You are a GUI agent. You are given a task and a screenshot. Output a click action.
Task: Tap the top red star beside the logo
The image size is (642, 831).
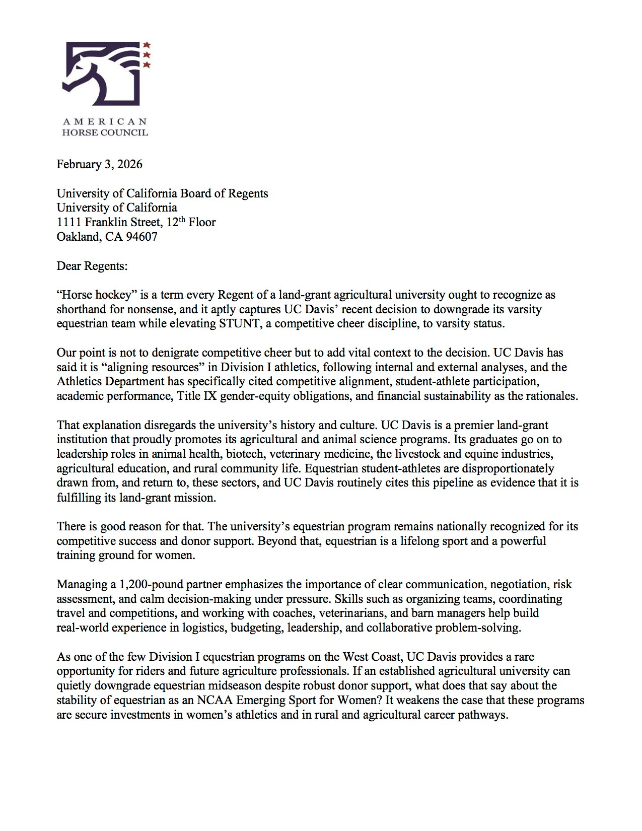tap(147, 44)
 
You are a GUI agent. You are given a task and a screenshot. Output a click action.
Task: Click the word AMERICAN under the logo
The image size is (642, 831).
tap(104, 122)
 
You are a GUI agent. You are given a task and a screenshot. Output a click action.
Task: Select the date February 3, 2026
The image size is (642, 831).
tap(99, 164)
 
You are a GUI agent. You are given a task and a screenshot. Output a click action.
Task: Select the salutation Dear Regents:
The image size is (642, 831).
tap(92, 266)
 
